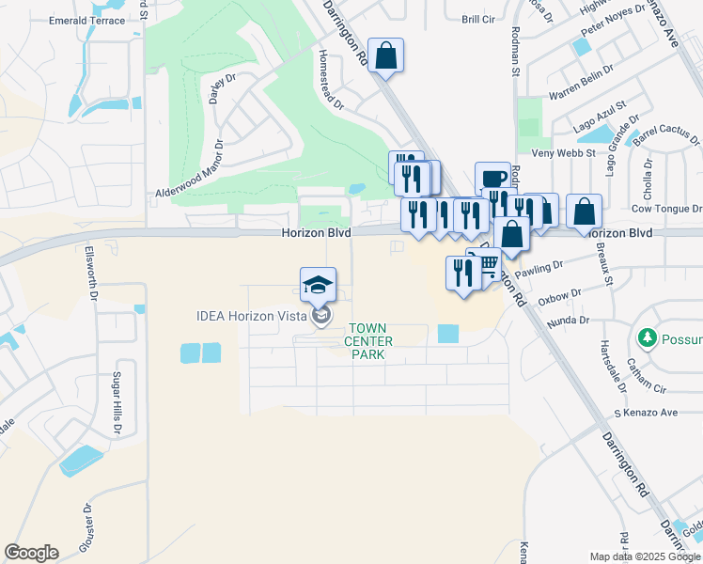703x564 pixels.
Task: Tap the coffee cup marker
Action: [492, 178]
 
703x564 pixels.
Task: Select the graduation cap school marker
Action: [318, 284]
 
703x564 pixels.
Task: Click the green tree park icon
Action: [646, 337]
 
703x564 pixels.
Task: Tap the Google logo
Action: [31, 553]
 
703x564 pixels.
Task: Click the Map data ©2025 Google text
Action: [645, 556]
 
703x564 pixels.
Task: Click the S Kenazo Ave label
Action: [645, 413]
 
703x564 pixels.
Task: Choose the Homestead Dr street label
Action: [331, 80]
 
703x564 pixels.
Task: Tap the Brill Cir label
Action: [477, 19]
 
